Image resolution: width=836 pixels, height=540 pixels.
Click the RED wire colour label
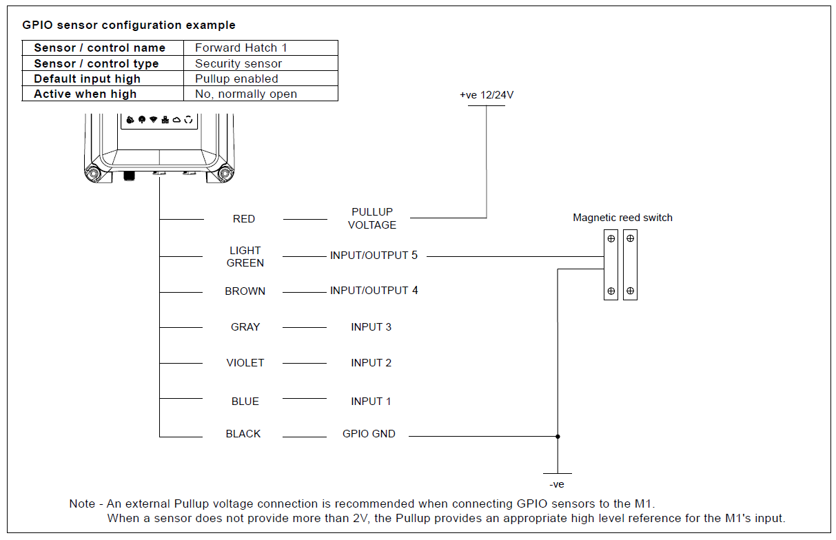(x=244, y=219)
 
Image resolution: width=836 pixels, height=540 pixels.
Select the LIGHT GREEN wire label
(x=245, y=257)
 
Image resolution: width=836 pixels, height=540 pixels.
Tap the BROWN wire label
(x=245, y=291)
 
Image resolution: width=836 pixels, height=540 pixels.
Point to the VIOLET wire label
(x=245, y=363)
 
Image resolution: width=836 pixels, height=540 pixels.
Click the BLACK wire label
(x=243, y=434)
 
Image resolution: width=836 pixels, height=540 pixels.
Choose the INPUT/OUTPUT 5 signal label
(x=374, y=256)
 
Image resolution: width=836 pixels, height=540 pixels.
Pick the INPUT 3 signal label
(x=371, y=327)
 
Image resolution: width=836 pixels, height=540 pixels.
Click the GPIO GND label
(x=369, y=434)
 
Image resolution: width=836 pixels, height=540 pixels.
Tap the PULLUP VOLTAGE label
(x=372, y=219)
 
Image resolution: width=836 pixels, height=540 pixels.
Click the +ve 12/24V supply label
(x=487, y=95)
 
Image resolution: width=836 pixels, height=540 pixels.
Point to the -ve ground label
(x=557, y=484)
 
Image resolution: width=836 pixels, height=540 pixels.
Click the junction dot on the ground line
(x=558, y=436)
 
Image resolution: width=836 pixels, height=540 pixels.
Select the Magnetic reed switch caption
(x=622, y=218)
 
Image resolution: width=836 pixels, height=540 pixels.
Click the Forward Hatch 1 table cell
(x=241, y=48)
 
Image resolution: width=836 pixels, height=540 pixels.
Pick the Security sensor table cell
(x=238, y=63)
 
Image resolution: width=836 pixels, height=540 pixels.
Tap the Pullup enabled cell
(x=236, y=79)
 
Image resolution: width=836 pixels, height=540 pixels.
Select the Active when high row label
(x=85, y=94)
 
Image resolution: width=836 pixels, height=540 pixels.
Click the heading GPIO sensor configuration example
(x=129, y=25)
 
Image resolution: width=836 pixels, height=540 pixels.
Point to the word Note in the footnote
(x=82, y=503)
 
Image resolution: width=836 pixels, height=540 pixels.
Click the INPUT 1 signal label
(x=371, y=402)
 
